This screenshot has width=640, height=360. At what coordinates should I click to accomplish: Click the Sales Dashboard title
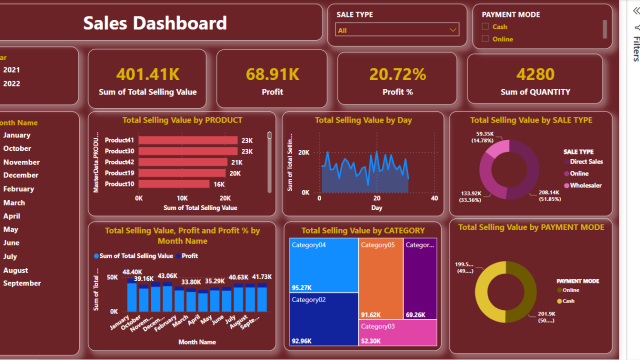click(x=154, y=24)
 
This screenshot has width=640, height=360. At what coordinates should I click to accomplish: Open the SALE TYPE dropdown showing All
click(x=397, y=31)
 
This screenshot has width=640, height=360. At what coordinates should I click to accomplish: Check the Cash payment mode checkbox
click(x=487, y=27)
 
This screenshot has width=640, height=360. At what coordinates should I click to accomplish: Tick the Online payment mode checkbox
click(x=487, y=39)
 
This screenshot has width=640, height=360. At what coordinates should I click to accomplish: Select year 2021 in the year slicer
click(x=11, y=70)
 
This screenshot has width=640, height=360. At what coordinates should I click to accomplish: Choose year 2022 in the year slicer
click(x=11, y=83)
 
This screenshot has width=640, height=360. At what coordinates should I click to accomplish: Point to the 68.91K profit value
click(x=273, y=74)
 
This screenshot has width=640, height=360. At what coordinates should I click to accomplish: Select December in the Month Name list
click(x=20, y=175)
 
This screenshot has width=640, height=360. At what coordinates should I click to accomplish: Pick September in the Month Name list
click(x=22, y=283)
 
